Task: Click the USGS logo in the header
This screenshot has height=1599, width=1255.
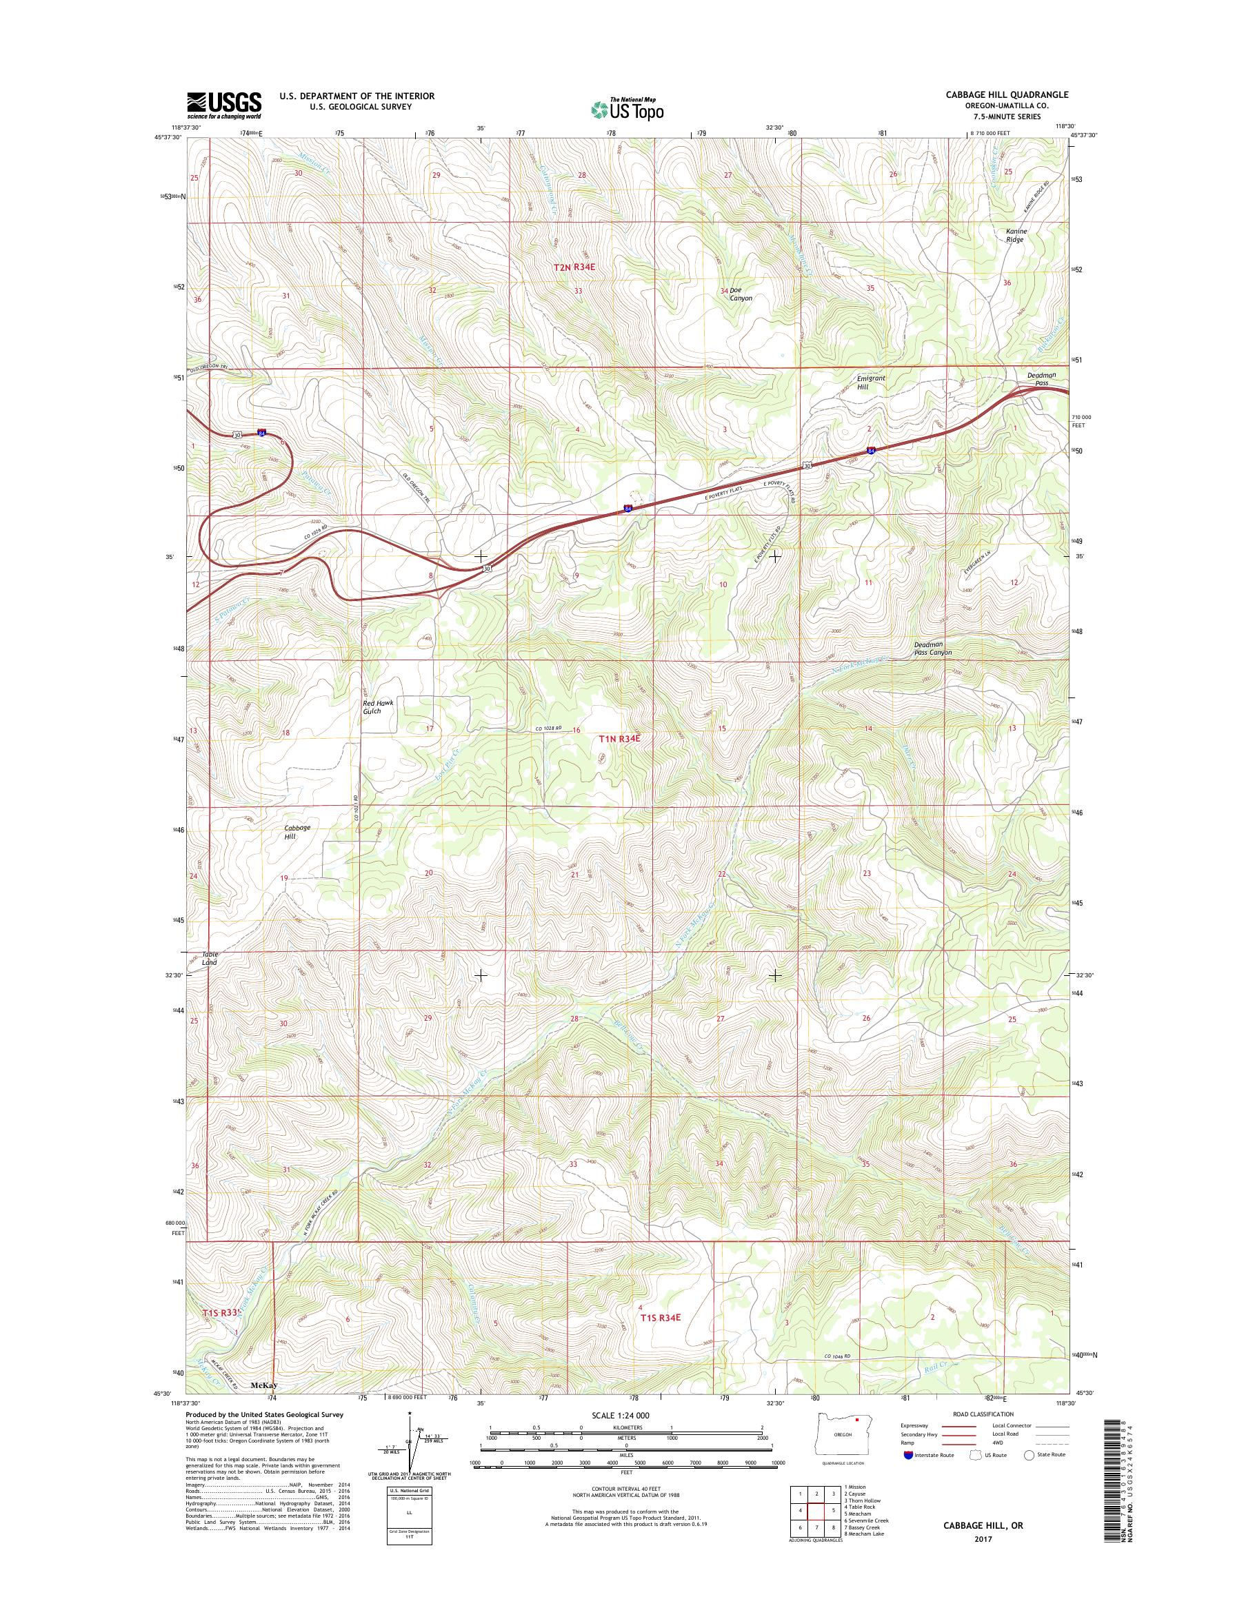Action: click(x=224, y=105)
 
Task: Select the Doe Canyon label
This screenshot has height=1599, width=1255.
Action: click(x=740, y=294)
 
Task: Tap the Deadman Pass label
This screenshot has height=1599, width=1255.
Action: click(x=1041, y=379)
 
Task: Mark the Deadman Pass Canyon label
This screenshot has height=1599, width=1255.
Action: click(x=932, y=649)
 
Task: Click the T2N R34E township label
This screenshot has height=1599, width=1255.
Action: click(x=574, y=268)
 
